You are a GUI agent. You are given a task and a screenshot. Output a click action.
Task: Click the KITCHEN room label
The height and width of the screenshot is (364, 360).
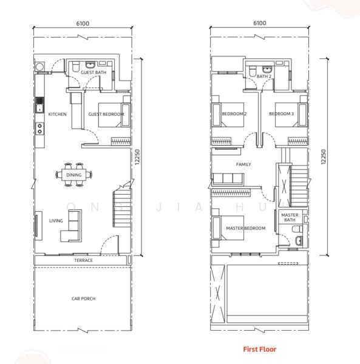57,114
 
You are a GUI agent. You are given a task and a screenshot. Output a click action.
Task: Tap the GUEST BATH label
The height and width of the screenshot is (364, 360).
93,72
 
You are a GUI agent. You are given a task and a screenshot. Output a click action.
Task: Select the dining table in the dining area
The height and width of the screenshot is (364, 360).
74,175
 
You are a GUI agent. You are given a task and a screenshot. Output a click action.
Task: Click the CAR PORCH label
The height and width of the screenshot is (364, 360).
83,298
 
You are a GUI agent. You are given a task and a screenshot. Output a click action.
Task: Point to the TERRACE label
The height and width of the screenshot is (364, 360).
83,260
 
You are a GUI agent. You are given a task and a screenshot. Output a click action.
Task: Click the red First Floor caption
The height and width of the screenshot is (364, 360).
260,349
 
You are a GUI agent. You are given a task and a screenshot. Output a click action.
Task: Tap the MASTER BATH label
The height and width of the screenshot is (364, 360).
290,217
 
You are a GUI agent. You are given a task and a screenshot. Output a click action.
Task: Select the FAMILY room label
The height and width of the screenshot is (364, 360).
243,164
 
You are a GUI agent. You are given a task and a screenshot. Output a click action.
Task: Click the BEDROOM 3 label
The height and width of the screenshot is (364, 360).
281,114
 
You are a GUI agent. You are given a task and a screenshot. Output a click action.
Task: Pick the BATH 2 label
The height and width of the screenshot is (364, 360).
264,76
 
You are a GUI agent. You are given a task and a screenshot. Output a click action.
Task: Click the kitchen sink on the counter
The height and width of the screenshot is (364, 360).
39,108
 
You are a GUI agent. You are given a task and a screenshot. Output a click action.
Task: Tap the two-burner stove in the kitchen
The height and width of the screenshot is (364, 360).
39,129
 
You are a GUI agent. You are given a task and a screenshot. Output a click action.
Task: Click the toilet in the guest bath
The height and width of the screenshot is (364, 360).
75,67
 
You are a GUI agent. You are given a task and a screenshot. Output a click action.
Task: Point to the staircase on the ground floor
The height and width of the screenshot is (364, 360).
121,207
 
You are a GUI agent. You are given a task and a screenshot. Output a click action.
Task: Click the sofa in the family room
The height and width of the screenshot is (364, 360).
228,179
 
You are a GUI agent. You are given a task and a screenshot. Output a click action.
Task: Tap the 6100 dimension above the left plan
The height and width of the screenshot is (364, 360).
83,24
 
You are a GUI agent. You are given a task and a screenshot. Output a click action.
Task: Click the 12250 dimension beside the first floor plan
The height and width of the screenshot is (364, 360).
324,157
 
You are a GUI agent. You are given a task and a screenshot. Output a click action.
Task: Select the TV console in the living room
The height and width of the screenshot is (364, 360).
38,226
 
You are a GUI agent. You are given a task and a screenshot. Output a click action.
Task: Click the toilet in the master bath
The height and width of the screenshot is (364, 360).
297,229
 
